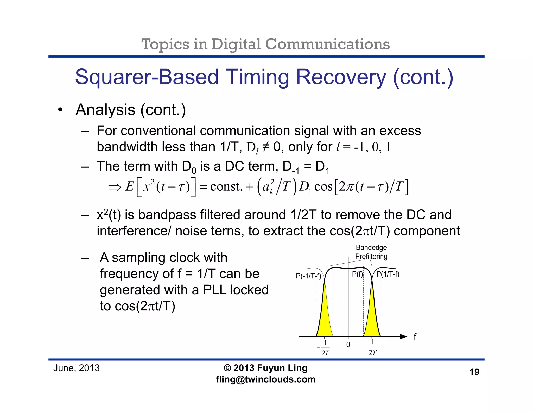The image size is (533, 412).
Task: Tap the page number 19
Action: [x=474, y=372]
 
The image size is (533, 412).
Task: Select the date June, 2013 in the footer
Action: [x=76, y=368]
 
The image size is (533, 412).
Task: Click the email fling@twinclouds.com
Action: [x=265, y=379]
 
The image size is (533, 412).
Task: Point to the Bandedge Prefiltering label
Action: [x=371, y=252]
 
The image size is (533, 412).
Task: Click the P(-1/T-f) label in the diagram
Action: [x=308, y=276]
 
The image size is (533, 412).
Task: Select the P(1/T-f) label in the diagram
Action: [x=388, y=274]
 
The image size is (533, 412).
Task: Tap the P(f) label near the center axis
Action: [x=357, y=274]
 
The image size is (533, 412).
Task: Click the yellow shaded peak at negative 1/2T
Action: [x=325, y=318]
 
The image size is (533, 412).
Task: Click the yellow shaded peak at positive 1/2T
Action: [x=372, y=318]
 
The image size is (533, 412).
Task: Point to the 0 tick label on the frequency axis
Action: [x=348, y=345]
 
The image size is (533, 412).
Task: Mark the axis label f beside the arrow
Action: [x=415, y=337]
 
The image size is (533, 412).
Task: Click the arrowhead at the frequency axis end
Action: [x=403, y=336]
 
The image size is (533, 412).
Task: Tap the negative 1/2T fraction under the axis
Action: [x=324, y=348]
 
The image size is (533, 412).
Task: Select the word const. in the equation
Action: [x=226, y=187]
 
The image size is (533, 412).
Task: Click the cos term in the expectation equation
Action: [x=323, y=187]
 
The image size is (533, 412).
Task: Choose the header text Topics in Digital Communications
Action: [x=265, y=44]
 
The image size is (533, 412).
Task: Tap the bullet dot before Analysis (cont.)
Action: [x=60, y=110]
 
